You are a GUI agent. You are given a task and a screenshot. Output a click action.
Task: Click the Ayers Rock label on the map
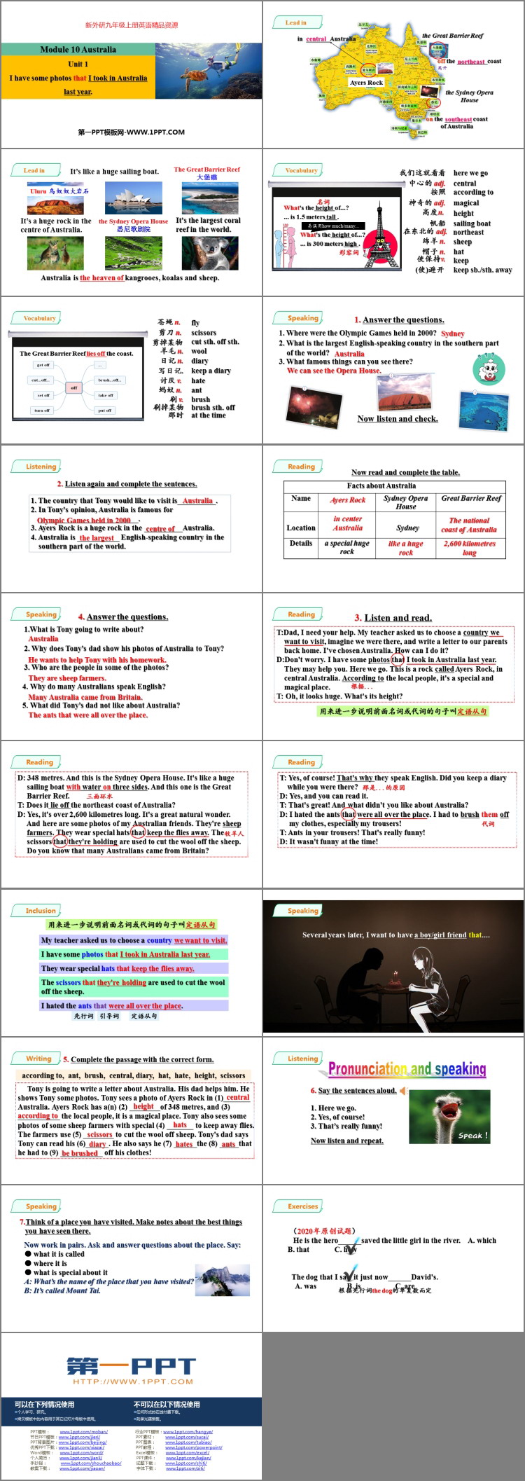coord(366,83)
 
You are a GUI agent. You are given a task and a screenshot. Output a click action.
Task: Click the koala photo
coord(209,253)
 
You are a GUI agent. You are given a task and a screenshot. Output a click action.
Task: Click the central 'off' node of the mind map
coord(73,387)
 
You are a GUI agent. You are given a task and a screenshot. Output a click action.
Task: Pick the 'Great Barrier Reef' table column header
coord(471,498)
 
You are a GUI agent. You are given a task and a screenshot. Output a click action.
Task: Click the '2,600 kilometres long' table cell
coord(470,547)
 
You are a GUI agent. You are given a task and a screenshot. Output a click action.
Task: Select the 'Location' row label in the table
coord(301,528)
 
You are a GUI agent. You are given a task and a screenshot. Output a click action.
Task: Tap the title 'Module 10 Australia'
coord(78,50)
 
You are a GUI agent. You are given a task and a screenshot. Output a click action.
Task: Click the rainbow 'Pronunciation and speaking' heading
coord(407,1069)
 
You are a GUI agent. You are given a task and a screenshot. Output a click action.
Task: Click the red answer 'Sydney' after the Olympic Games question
coord(453,333)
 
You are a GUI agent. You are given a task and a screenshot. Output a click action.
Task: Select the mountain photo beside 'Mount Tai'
coord(223,1280)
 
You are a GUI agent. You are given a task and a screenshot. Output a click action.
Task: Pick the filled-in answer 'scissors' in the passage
coord(99,1134)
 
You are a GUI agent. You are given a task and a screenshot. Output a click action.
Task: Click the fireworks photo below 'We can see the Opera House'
coord(307,404)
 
